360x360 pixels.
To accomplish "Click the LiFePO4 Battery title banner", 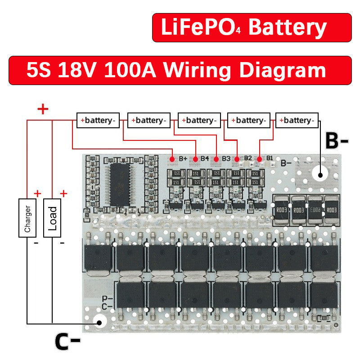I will pyautogui.click(x=252, y=27).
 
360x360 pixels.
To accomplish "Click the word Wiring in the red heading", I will pyautogui.click(x=197, y=70).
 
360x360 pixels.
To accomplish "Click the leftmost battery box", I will pyautogui.click(x=98, y=120).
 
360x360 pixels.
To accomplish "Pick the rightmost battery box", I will pyautogui.click(x=297, y=120).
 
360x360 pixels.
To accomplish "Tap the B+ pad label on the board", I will pyautogui.click(x=183, y=158).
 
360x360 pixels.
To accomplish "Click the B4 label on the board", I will pyautogui.click(x=205, y=158).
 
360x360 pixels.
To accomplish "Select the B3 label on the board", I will pyautogui.click(x=226, y=158).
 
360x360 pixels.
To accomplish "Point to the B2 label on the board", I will pyautogui.click(x=248, y=158).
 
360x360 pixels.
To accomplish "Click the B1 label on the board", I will pyautogui.click(x=270, y=157).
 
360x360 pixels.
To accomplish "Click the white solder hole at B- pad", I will pyautogui.click(x=322, y=174).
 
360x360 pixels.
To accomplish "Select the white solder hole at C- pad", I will pyautogui.click(x=99, y=321).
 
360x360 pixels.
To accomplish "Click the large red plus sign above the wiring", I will pyautogui.click(x=43, y=109).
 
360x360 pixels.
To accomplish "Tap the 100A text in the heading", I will pyautogui.click(x=130, y=70).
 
